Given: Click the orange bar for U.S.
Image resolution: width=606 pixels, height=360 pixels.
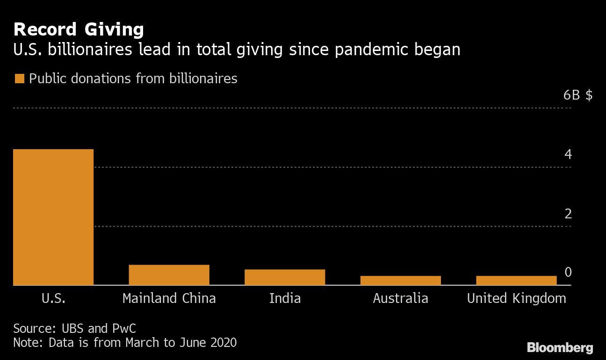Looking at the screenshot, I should (53, 217).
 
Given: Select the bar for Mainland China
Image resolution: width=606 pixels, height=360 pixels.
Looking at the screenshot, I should (169, 275).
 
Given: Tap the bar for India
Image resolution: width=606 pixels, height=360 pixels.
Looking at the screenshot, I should (285, 277).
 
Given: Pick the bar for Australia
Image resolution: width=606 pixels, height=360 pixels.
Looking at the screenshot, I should (400, 281).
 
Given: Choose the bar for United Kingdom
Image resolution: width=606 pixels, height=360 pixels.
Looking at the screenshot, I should (516, 281).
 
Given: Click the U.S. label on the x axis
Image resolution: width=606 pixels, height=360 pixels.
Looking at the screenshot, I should (53, 298).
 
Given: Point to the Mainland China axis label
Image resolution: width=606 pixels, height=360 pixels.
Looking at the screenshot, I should (169, 298).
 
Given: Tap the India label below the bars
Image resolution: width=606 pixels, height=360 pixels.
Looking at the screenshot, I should (285, 298).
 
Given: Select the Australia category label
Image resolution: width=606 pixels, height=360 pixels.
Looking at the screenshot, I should (400, 298).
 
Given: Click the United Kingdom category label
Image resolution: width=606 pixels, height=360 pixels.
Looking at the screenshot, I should (516, 298).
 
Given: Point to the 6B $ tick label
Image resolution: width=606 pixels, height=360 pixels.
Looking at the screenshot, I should (578, 95).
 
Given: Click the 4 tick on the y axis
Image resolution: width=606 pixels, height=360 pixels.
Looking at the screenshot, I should (568, 154).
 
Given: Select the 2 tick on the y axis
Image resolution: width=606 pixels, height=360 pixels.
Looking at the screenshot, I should (568, 214).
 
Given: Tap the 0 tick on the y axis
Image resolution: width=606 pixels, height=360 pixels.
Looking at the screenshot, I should (568, 273).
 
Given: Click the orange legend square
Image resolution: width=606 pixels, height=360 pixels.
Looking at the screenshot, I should (19, 79).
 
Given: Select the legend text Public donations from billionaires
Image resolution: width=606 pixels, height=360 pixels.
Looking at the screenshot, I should (133, 79).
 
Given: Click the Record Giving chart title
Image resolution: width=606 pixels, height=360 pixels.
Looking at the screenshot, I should (79, 30).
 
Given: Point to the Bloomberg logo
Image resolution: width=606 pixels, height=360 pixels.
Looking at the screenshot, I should (560, 347).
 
